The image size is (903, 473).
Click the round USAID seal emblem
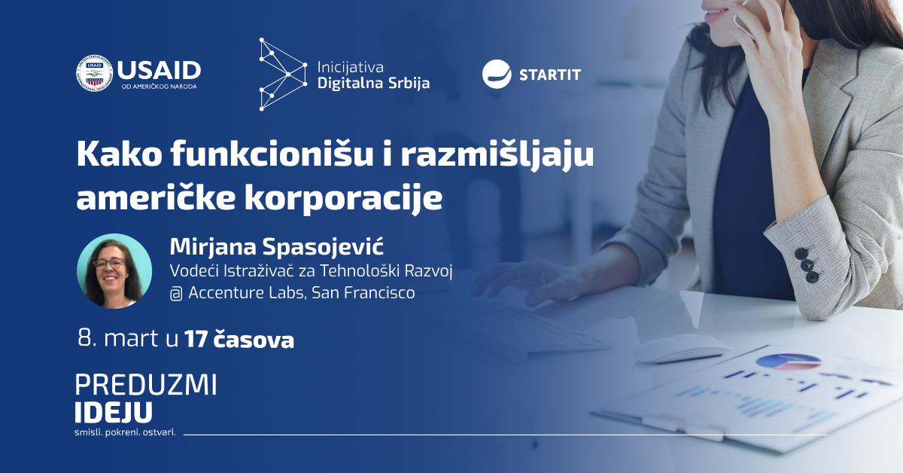click(x=94, y=73)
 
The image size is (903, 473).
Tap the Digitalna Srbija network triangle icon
click(x=283, y=75)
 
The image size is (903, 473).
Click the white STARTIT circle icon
click(x=497, y=75)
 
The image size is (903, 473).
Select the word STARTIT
click(x=550, y=75)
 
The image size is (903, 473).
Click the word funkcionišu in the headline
click(x=272, y=154)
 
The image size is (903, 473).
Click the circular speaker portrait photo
click(x=114, y=271)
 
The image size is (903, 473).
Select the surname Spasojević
click(x=323, y=247)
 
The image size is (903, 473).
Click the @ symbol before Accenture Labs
click(x=176, y=294)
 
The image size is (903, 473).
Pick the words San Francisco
click(x=363, y=292)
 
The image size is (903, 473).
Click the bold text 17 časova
click(x=239, y=339)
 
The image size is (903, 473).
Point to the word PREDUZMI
click(x=146, y=385)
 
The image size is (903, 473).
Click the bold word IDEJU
click(x=114, y=412)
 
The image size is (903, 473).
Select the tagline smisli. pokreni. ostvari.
click(x=126, y=432)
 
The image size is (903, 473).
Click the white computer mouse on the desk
click(x=682, y=349)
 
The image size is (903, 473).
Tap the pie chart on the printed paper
click(x=788, y=362)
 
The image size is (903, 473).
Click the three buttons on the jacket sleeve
click(x=807, y=265)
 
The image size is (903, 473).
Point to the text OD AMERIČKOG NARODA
click(x=160, y=87)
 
